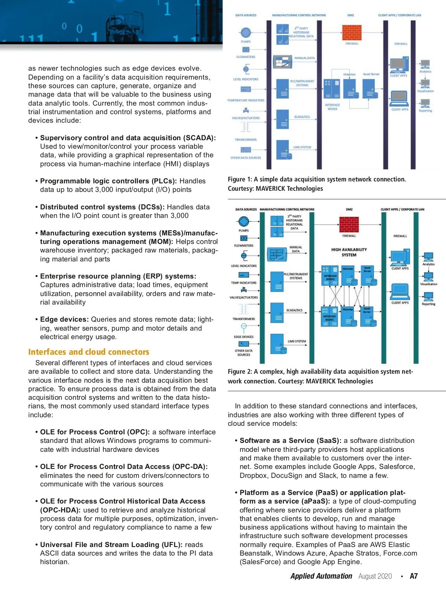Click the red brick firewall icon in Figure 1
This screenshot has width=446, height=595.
352,33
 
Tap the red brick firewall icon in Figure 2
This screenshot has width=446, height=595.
349,224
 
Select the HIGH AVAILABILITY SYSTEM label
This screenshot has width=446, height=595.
349,252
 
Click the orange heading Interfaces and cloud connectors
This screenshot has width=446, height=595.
88,352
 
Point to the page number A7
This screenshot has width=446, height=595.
414,576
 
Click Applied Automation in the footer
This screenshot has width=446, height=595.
321,576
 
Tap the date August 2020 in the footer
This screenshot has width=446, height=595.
375,576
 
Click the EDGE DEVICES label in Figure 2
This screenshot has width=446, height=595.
243,337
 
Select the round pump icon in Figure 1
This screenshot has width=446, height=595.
245,32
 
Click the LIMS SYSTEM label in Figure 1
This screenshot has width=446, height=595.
302,147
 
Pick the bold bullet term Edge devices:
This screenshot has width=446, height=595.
64,319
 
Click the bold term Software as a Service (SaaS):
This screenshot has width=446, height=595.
290,441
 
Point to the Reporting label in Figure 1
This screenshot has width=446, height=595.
425,111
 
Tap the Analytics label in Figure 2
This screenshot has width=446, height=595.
428,264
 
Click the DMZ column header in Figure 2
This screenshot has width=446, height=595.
349,209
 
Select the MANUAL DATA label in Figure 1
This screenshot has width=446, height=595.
304,58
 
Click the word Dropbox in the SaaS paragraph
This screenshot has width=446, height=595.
253,476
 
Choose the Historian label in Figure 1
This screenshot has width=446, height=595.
349,74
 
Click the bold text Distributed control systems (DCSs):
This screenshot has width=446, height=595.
102,207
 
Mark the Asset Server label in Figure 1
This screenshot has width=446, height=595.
371,74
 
